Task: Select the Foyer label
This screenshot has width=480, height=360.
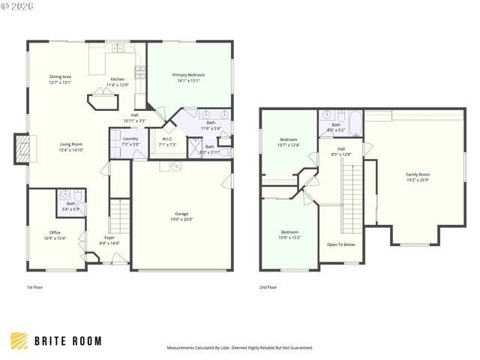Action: [x=109, y=239]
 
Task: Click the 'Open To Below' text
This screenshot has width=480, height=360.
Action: [x=341, y=244]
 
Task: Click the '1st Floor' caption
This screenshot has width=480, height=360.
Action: [x=34, y=286]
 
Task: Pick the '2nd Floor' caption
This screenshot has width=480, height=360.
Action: [x=268, y=286]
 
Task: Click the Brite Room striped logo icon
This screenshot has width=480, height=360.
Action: [x=19, y=340]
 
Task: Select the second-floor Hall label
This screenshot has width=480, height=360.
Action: [x=341, y=151]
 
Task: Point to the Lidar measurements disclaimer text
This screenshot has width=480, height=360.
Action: [x=239, y=347]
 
